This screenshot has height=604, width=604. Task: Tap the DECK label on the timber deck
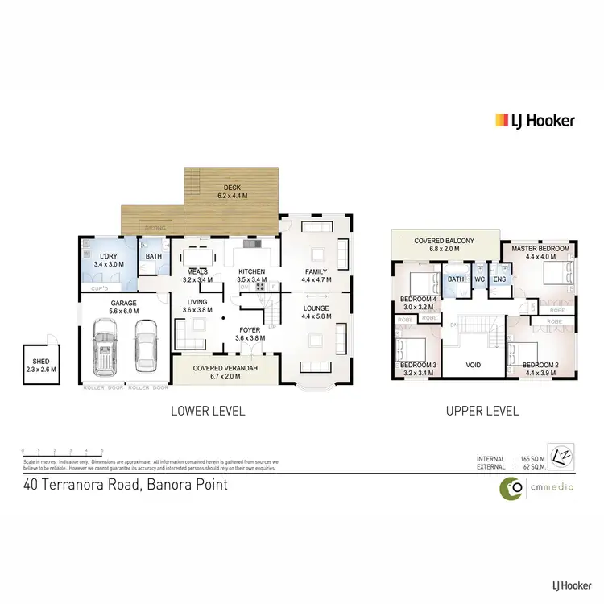pyautogui.click(x=234, y=186)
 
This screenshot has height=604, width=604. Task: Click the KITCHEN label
pyautogui.click(x=251, y=271)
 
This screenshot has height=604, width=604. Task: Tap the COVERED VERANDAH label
pyautogui.click(x=225, y=367)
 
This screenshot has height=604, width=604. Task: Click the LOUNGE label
pyautogui.click(x=315, y=308)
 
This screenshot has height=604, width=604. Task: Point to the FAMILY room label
pyautogui.click(x=315, y=271)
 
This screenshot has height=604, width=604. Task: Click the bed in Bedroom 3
pyautogui.click(x=412, y=349)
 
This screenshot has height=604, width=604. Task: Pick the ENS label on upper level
pyautogui.click(x=499, y=279)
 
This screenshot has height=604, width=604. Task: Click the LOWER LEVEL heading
pyautogui.click(x=208, y=411)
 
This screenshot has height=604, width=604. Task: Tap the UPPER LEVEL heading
pyautogui.click(x=483, y=411)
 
